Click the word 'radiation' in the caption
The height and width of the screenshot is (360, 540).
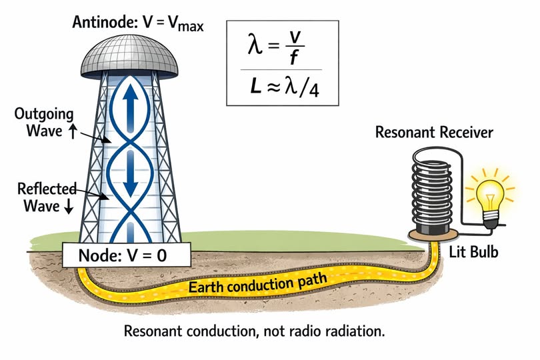tap(359, 331)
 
